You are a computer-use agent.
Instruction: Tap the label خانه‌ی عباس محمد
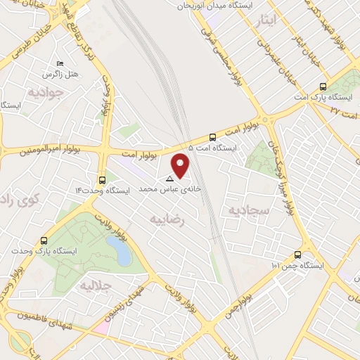(169, 189)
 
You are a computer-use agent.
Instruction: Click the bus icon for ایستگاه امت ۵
(213, 137)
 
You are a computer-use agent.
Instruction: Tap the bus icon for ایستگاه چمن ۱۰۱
(298, 255)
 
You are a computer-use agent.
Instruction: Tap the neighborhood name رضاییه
(167, 219)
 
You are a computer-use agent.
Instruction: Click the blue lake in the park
(118, 250)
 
